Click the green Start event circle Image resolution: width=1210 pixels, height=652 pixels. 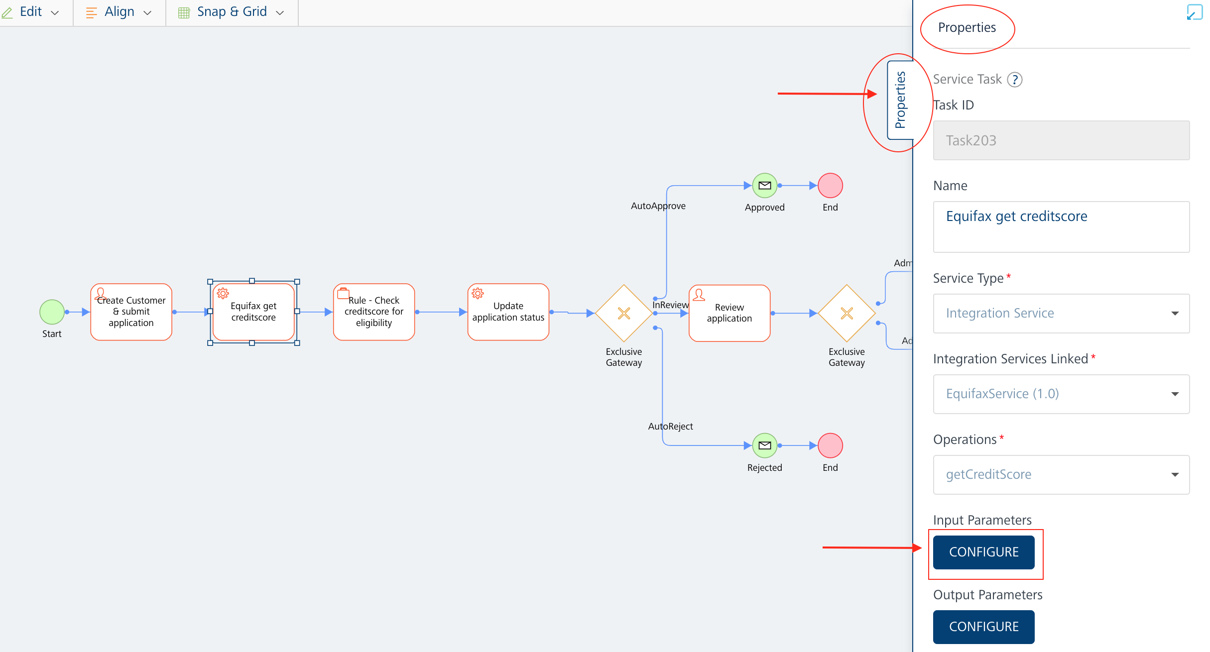(52, 312)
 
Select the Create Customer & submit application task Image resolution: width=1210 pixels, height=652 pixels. (131, 312)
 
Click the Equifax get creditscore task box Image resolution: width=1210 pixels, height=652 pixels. (253, 312)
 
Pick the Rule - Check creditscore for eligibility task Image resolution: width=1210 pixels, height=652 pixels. (374, 312)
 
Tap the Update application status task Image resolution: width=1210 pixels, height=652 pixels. (508, 312)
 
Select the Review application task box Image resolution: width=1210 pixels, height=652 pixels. (729, 313)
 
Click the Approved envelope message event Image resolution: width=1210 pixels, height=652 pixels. (764, 186)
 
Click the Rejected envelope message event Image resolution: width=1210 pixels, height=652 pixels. (764, 445)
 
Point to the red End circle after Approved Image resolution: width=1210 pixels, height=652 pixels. (830, 186)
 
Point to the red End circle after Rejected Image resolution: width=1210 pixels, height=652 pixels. (830, 445)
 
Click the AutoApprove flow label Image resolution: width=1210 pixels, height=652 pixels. (658, 206)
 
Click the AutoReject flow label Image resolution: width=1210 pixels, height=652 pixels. (670, 427)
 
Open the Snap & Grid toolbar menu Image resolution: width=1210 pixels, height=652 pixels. (232, 12)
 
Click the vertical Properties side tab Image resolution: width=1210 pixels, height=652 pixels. (900, 100)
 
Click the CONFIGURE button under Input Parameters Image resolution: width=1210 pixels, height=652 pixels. (983, 552)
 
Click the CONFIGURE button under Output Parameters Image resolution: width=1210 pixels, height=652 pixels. (983, 627)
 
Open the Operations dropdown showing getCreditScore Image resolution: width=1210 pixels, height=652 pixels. (1061, 474)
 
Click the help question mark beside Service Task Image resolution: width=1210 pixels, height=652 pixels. (1014, 80)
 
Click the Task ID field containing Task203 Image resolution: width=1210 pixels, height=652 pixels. (1061, 140)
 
